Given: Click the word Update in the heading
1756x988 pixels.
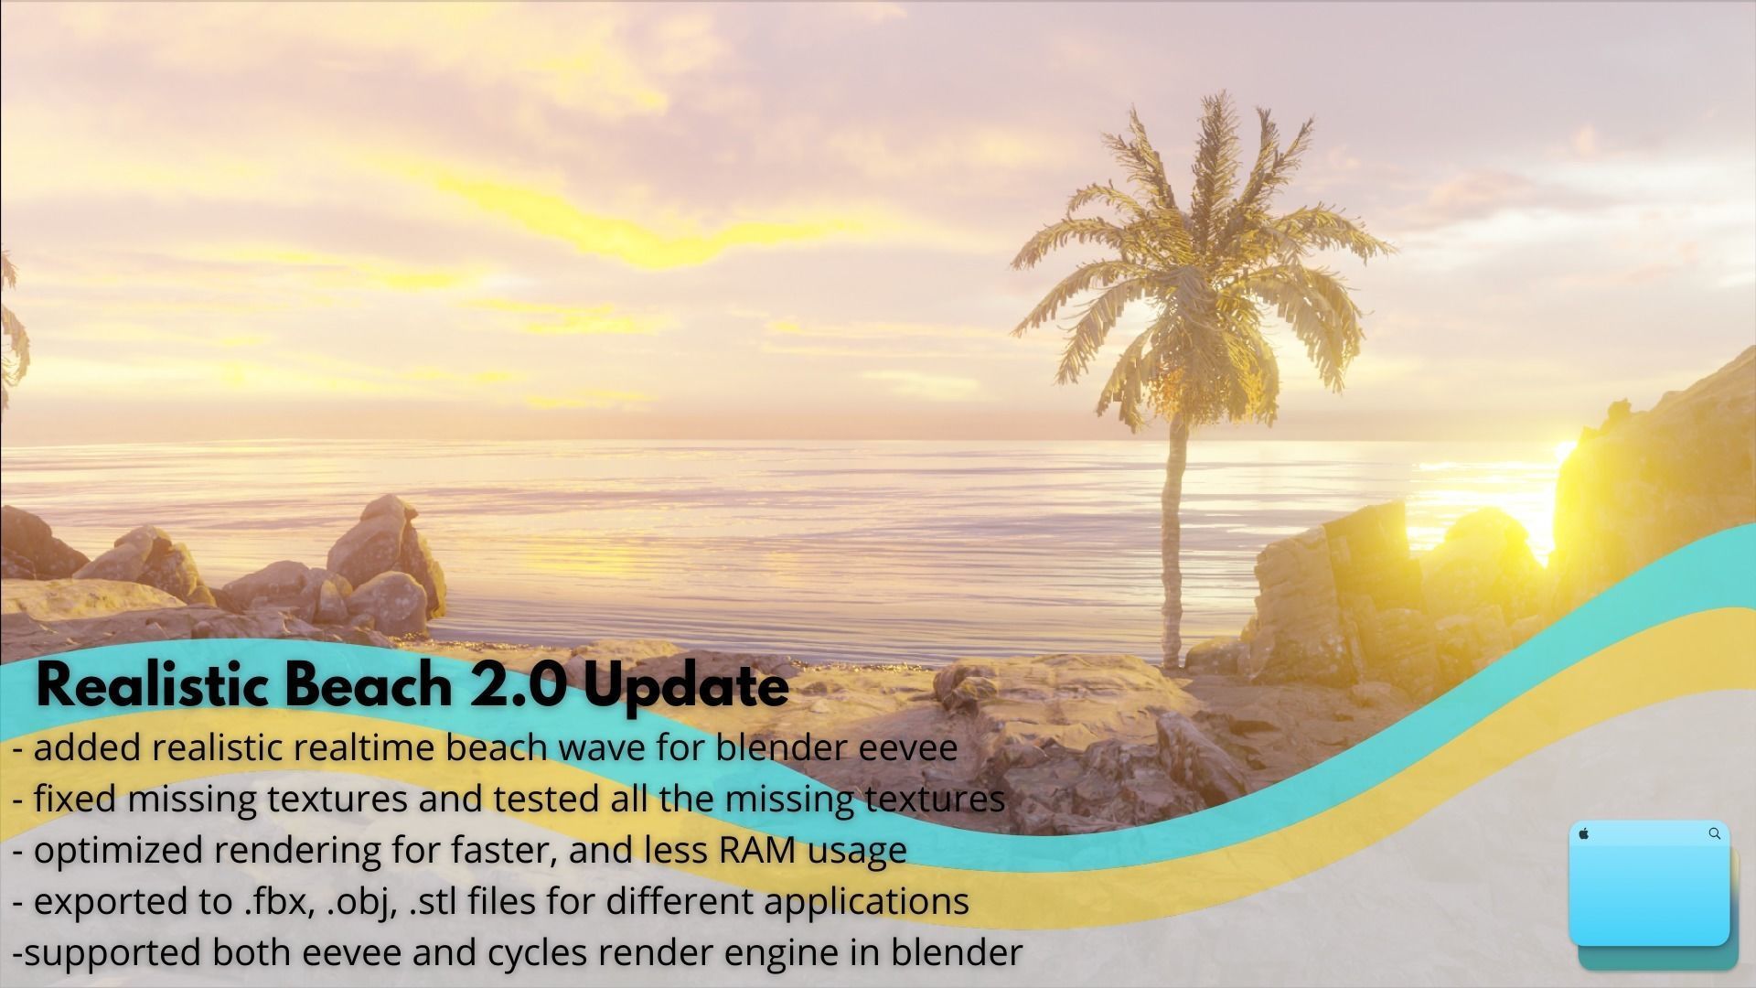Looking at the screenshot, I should (x=685, y=687).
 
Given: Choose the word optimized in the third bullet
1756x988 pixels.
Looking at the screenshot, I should (x=116, y=851).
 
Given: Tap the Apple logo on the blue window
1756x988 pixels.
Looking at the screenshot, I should (x=1584, y=833).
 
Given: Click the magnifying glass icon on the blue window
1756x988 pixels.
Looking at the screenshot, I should (x=1714, y=833).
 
